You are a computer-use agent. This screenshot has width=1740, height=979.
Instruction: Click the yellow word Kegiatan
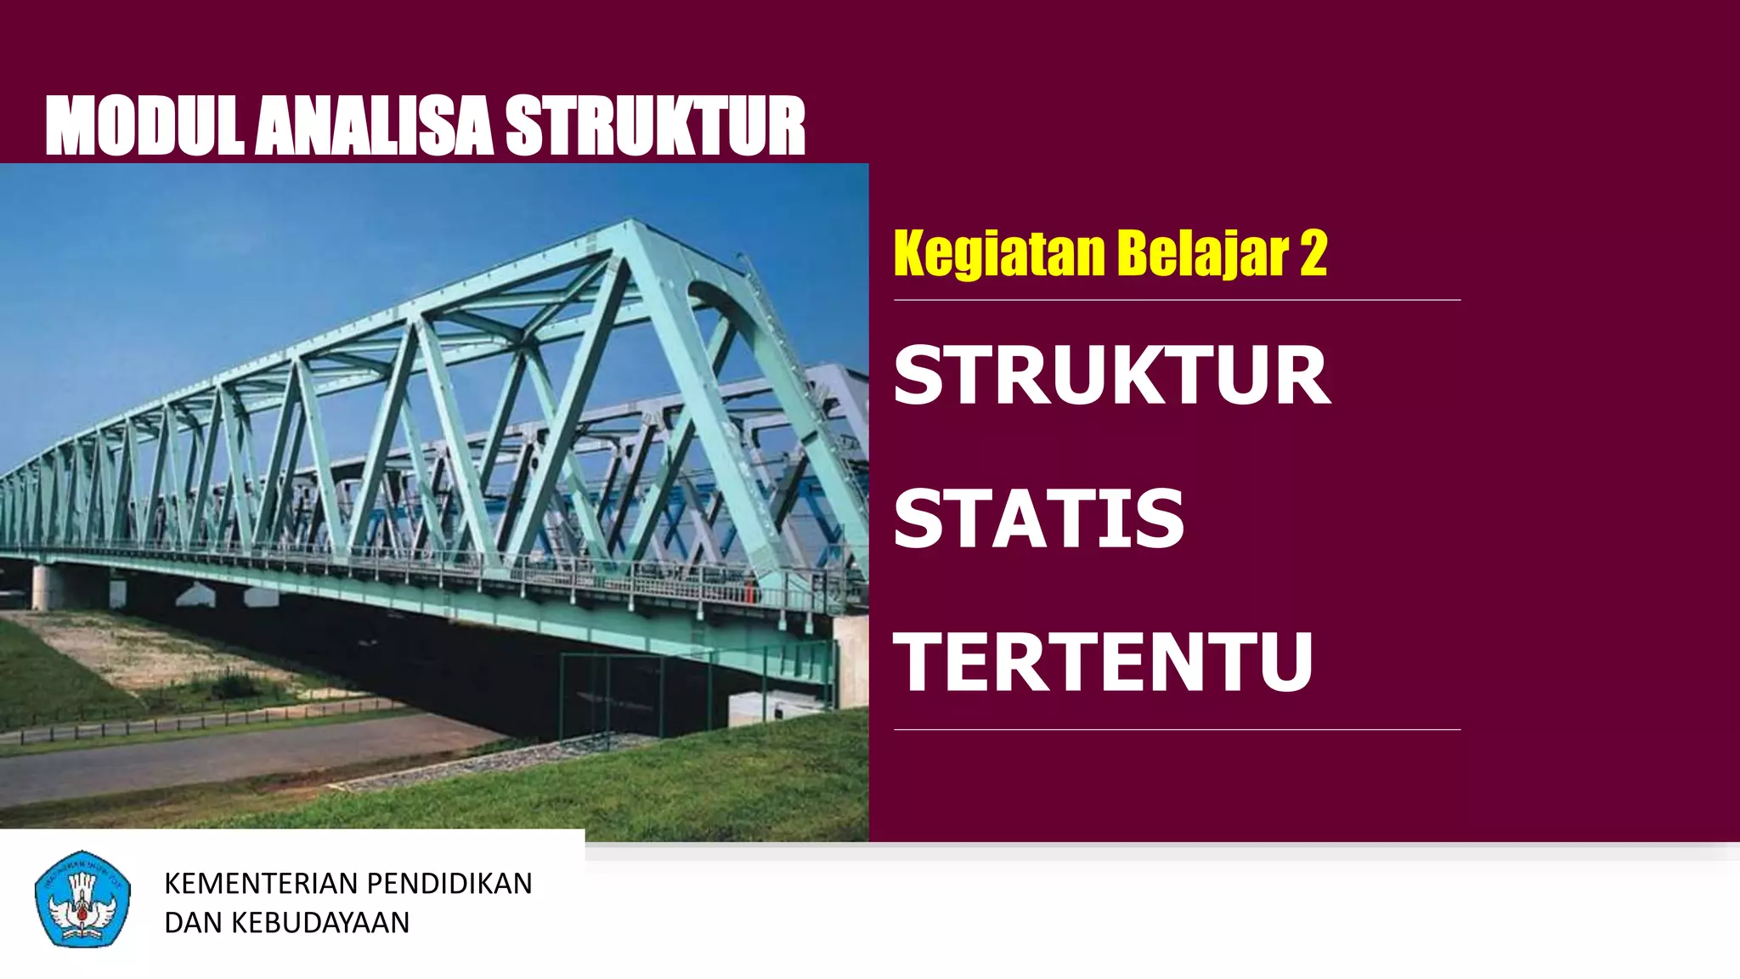click(999, 253)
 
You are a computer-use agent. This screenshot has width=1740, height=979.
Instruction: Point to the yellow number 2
click(1313, 253)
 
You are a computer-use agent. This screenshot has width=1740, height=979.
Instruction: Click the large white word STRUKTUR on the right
click(1111, 376)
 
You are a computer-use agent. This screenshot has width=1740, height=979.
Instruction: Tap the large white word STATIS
click(1038, 518)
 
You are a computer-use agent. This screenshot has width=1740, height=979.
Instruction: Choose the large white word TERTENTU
click(1103, 662)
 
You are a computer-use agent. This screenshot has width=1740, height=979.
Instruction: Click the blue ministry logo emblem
click(82, 899)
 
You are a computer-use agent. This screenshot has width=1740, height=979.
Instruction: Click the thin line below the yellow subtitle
click(1177, 300)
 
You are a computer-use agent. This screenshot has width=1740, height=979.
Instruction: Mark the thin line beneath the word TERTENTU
click(1177, 729)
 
